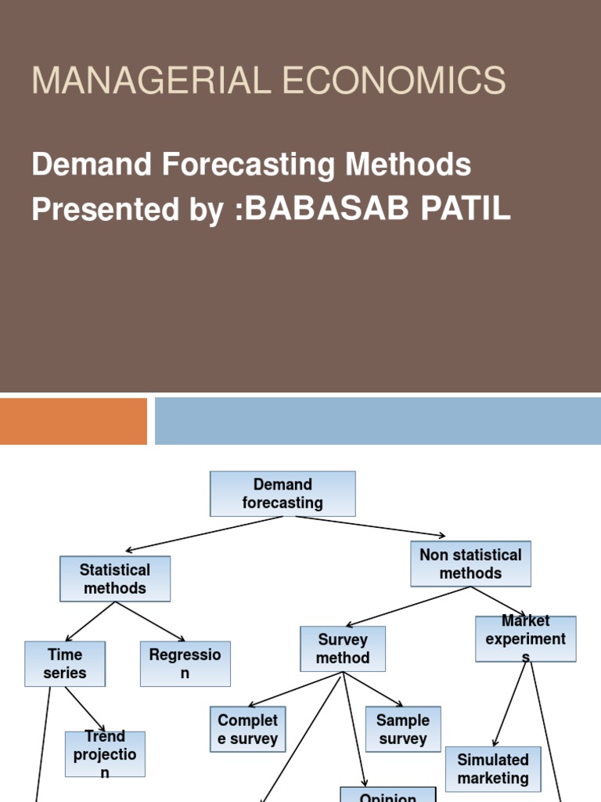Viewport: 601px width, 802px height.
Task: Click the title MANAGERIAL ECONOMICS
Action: pos(268,81)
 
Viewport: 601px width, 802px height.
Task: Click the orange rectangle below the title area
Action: pos(73,421)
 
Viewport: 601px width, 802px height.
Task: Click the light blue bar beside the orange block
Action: pos(377,421)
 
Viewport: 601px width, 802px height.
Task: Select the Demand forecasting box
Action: pos(283,493)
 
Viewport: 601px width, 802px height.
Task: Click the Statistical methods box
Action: pos(115,579)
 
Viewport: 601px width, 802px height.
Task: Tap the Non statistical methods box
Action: pos(470,564)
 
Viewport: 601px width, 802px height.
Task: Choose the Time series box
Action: pos(65,663)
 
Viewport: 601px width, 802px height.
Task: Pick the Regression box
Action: pos(185,663)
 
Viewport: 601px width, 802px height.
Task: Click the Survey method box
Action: pos(343,648)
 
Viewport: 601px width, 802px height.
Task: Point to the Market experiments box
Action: pos(525,639)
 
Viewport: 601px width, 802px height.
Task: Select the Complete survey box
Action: pos(247,729)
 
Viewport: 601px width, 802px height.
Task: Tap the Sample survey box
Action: pos(403,728)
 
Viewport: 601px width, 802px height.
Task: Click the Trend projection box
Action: pos(105,754)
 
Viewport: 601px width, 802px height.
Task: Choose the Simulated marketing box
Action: pos(493,769)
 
